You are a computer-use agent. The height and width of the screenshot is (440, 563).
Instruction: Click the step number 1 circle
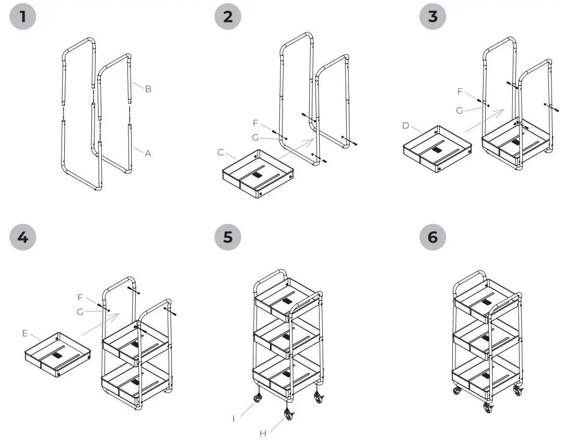click(x=22, y=17)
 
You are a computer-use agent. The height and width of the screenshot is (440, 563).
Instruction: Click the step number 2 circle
click(x=228, y=17)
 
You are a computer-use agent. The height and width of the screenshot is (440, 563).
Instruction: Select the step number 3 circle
click(x=433, y=17)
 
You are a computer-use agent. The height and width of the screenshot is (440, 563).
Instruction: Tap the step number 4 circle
click(x=22, y=237)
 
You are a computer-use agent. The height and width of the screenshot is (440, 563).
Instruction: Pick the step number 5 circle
click(x=228, y=237)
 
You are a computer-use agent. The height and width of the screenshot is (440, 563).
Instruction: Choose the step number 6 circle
click(x=433, y=237)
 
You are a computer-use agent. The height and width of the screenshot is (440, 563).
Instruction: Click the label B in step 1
click(x=148, y=89)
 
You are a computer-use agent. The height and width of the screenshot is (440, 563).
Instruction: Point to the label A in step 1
click(x=148, y=153)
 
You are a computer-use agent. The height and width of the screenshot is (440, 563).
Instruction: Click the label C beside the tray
click(x=221, y=152)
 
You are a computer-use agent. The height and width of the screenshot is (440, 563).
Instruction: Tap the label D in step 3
click(x=406, y=126)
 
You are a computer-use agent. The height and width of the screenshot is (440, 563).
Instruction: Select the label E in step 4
click(x=25, y=333)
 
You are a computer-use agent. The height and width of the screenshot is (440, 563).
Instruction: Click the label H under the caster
click(x=263, y=433)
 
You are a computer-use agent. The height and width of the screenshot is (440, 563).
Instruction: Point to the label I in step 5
click(x=234, y=419)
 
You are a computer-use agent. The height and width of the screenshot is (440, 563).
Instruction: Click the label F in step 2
click(x=255, y=123)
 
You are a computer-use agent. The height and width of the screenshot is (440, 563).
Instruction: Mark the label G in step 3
click(x=459, y=111)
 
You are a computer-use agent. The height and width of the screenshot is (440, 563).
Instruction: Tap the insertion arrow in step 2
click(x=296, y=148)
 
